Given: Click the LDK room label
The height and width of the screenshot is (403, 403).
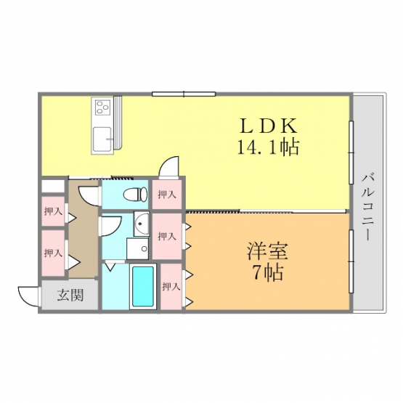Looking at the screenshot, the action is click(269, 126).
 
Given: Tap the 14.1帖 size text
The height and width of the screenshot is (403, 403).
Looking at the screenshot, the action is click(268, 147).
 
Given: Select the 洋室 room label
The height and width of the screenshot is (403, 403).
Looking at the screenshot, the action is click(267, 251).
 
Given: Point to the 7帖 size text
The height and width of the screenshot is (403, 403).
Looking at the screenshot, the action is click(268, 272).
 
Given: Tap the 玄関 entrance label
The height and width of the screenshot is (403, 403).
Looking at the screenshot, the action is click(70, 295).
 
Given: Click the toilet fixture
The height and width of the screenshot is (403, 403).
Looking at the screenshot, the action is click(136, 194).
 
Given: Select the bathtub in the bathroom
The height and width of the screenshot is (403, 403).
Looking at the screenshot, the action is click(143, 286).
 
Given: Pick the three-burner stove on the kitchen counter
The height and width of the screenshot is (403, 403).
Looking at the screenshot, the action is click(103, 107).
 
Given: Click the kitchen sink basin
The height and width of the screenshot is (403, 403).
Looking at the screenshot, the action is click(102, 139).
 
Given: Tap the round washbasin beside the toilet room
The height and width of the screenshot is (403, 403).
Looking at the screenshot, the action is click(142, 224).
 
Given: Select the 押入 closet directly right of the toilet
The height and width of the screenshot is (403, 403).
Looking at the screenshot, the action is click(167, 195).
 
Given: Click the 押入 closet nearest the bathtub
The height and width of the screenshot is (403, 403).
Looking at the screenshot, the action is click(171, 287).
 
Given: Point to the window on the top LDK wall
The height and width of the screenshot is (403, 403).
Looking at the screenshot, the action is click(184, 94).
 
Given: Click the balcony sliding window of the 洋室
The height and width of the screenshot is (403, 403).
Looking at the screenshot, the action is click(351, 261).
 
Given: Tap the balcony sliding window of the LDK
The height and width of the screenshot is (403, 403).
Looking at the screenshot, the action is click(351, 152).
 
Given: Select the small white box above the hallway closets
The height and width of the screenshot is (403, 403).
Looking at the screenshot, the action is click(53, 186).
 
